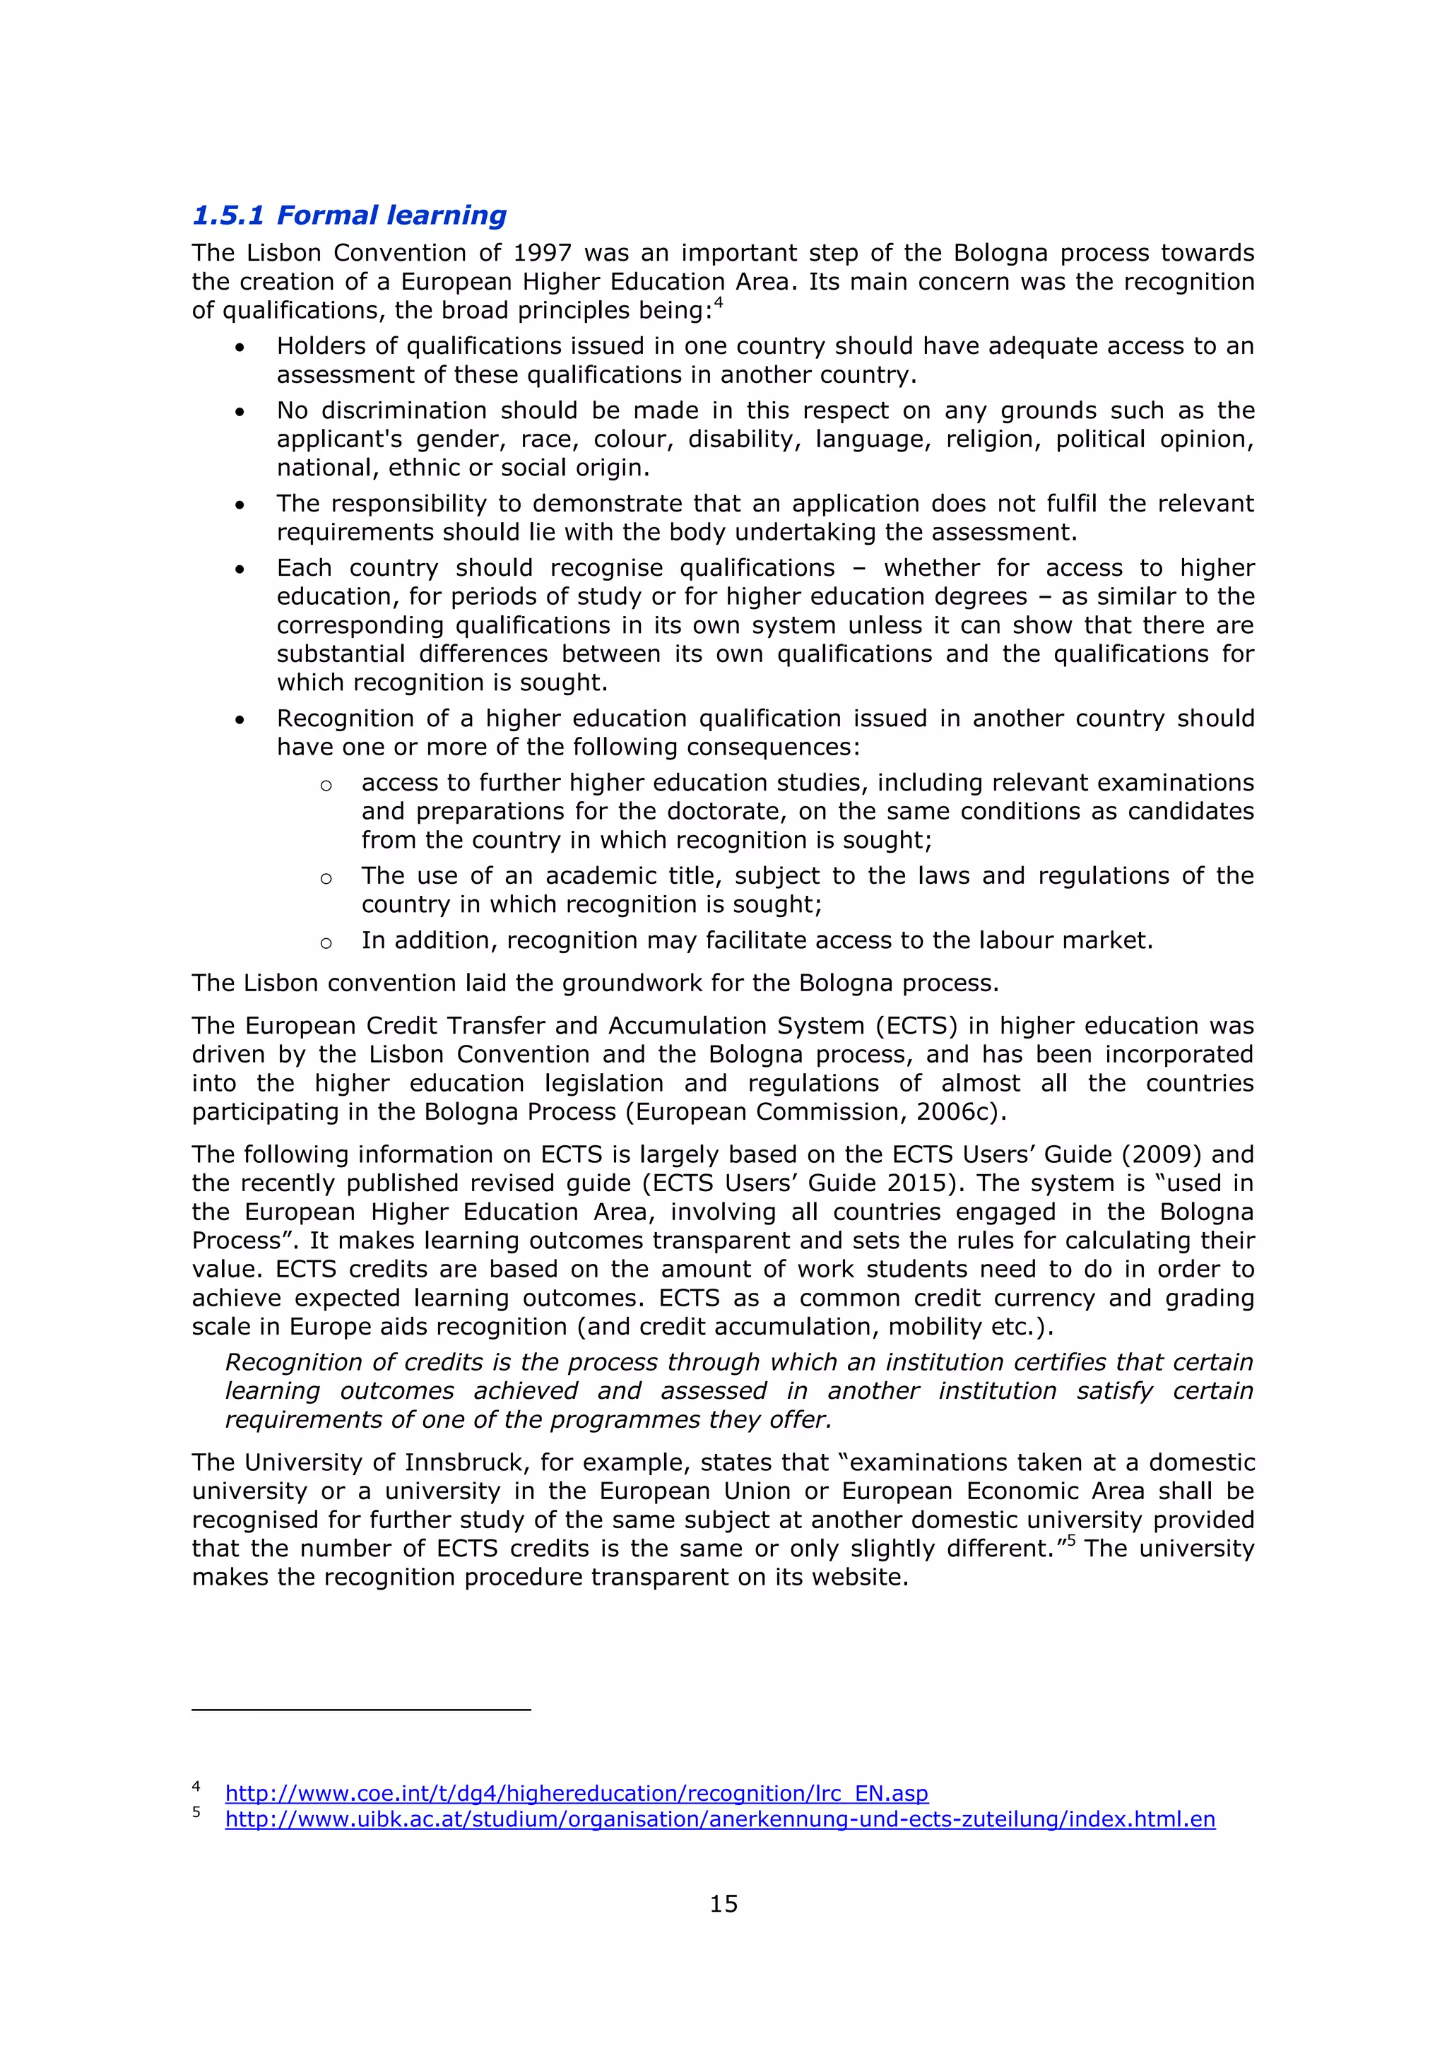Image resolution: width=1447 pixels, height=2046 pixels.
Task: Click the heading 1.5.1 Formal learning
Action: point(349,215)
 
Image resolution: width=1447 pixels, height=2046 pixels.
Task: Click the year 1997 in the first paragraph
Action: point(542,253)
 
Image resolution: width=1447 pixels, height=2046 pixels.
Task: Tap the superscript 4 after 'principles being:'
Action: point(718,304)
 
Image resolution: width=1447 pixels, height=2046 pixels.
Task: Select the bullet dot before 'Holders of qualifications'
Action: point(240,348)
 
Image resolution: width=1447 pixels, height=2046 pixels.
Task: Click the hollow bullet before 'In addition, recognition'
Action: point(326,942)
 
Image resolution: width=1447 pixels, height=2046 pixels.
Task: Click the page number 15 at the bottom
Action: point(723,1904)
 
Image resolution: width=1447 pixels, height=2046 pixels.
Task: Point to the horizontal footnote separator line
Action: point(361,1710)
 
